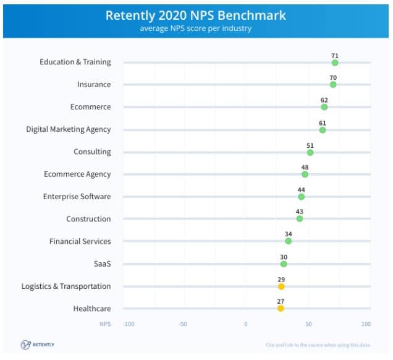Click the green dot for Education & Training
tap(335, 62)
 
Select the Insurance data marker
tap(333, 85)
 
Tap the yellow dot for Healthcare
tap(281, 308)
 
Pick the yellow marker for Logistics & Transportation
tap(281, 286)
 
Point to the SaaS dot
tap(284, 264)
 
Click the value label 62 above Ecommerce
tap(324, 100)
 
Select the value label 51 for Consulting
tap(310, 145)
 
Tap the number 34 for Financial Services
tap(289, 234)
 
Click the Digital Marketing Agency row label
tap(69, 129)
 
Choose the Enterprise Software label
tap(77, 197)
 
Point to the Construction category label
tap(89, 219)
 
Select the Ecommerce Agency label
tap(78, 174)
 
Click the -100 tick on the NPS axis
tap(129, 324)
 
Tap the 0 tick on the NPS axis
tap(245, 324)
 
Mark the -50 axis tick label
tap(183, 324)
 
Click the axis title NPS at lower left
tap(105, 324)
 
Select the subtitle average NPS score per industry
tap(196, 28)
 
